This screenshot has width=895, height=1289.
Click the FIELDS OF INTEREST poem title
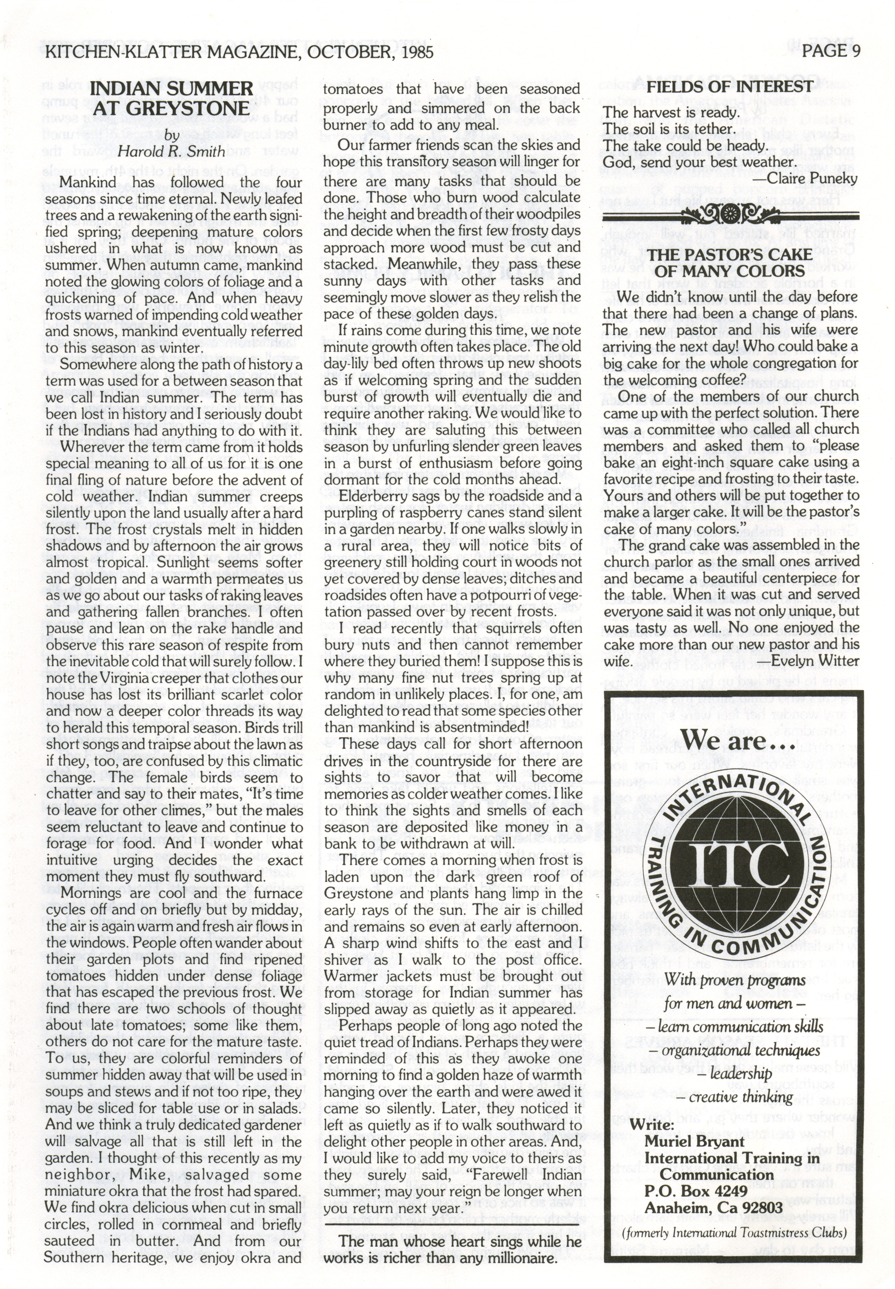tap(730, 87)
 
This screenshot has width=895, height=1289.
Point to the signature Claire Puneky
tap(812, 179)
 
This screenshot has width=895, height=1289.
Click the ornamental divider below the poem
tap(730, 214)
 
